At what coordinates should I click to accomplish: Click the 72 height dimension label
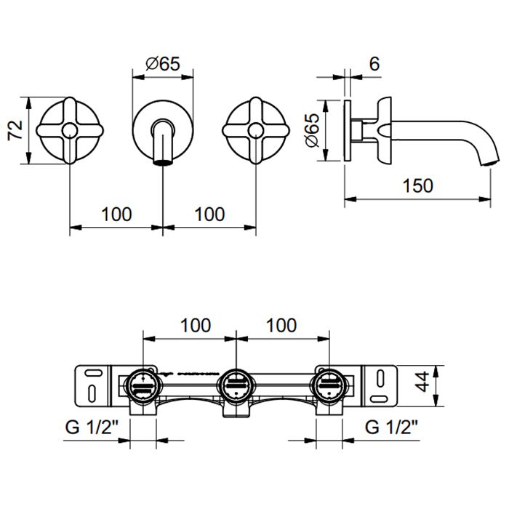coord(15,130)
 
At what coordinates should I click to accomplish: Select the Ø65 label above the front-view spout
coord(163,64)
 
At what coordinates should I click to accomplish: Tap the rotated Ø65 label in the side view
coord(313,130)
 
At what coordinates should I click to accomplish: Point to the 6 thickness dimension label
coord(374,64)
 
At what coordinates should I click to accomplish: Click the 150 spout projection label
coord(418,185)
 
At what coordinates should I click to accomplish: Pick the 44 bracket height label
coord(422,382)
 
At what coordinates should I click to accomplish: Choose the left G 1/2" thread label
coord(92,427)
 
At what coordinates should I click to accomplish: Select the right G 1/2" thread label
coord(391,427)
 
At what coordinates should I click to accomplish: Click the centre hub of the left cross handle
coord(70,130)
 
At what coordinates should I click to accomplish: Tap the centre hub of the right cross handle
coord(256,130)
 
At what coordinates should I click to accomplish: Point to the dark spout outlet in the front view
coord(163,162)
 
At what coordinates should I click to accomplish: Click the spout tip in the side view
coord(490,162)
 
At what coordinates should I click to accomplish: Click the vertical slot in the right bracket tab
coord(380,379)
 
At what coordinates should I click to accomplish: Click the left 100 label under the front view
coord(116,215)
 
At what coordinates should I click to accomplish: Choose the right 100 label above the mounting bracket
coord(281,325)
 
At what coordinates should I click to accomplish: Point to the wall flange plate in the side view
coord(348,130)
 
